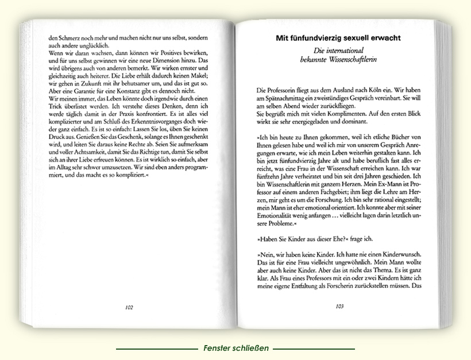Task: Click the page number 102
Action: [x=129, y=307]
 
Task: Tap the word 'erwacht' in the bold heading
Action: [x=380, y=38]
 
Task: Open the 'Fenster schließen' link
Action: [x=235, y=349]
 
